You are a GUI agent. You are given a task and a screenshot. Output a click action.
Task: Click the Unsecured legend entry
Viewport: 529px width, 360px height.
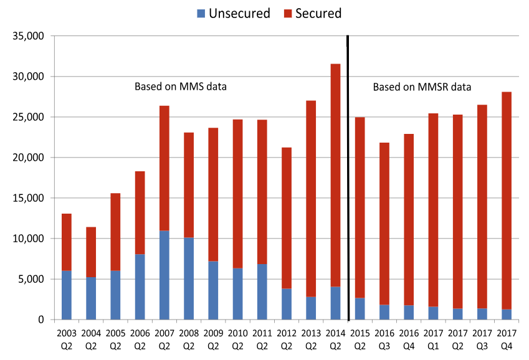(233, 13)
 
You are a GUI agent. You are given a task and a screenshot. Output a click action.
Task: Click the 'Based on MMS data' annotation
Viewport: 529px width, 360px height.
(180, 87)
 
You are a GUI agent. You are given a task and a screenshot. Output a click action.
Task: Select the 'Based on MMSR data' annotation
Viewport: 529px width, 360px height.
(422, 87)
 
